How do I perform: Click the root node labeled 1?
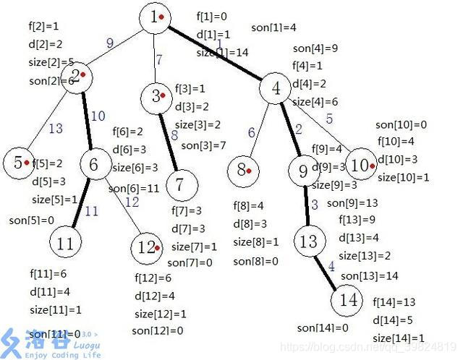click(x=156, y=17)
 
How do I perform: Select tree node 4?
click(x=275, y=89)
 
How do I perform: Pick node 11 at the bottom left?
click(x=66, y=243)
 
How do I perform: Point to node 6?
click(x=93, y=166)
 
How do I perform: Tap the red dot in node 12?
click(x=158, y=247)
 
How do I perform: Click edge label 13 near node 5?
click(x=56, y=129)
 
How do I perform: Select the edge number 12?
click(x=131, y=202)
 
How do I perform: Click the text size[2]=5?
click(x=51, y=62)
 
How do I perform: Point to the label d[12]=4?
click(x=154, y=296)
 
